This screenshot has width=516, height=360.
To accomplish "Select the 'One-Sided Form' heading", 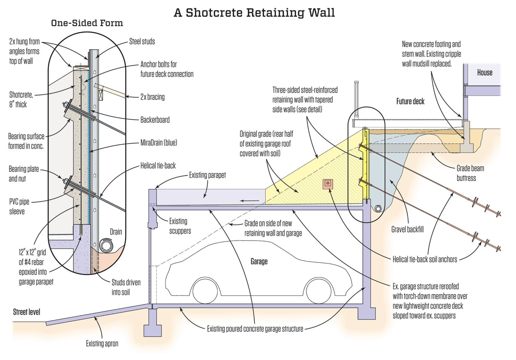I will (x=87, y=23).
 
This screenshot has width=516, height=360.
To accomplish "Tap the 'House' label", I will (x=484, y=72).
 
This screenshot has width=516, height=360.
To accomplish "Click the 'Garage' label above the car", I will (x=259, y=262).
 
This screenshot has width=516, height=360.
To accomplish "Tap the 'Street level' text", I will (x=26, y=312).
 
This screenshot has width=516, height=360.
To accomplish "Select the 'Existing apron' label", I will (x=102, y=344).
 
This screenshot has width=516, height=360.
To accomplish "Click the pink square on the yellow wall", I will (x=328, y=183).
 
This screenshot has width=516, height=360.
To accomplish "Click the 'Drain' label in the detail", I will (x=116, y=232).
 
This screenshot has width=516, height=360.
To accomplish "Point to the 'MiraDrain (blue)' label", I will (x=159, y=143).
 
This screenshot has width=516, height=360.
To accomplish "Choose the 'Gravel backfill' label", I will (x=407, y=229).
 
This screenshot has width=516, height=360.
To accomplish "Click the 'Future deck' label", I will (x=410, y=101).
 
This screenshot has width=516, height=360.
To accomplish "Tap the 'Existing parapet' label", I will (x=207, y=175).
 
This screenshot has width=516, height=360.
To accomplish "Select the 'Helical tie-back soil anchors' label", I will (x=425, y=259).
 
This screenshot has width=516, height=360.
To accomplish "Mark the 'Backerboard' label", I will (x=155, y=120).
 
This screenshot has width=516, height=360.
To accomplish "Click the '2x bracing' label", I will (x=152, y=97).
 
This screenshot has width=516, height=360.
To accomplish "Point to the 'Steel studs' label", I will (x=142, y=42).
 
